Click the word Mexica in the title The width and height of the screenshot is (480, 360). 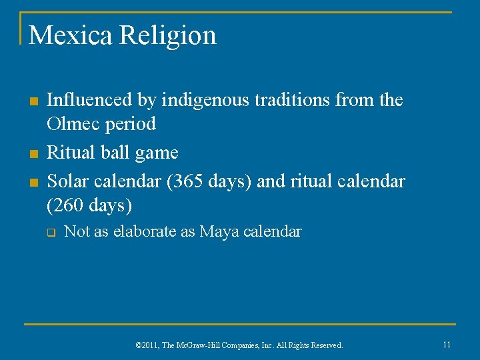pos(71,35)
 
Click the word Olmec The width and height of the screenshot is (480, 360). pos(73,124)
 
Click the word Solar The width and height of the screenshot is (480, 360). pos(67,181)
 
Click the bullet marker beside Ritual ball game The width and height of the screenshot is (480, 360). pos(31,154)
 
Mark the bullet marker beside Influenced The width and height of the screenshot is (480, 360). pos(31,101)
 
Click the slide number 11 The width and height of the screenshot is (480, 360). pos(447,345)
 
